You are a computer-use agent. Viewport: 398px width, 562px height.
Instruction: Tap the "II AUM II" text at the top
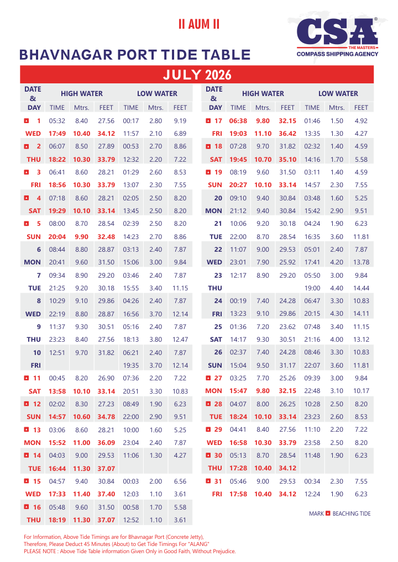click(x=198, y=24)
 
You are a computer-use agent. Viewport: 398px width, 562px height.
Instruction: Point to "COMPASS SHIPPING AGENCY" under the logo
click(x=337, y=54)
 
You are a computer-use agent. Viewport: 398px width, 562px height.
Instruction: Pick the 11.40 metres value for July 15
click(x=82, y=494)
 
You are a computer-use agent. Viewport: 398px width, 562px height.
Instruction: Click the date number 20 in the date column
click(x=218, y=198)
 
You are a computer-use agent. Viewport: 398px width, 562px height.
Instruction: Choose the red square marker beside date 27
click(x=208, y=378)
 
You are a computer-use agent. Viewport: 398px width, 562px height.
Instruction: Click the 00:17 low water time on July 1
click(x=131, y=121)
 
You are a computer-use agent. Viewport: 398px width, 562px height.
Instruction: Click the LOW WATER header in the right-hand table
click(x=338, y=94)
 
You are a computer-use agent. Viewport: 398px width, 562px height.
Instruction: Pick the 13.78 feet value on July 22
click(x=361, y=262)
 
